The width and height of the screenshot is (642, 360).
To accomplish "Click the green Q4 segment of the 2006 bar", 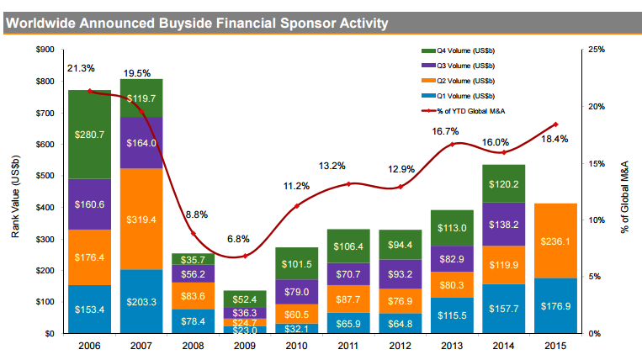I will (90, 135).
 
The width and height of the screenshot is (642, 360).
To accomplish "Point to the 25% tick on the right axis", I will (595, 50).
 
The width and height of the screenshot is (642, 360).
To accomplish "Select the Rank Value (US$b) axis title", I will (16, 191).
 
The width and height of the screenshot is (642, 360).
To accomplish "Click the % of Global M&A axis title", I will (625, 191).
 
